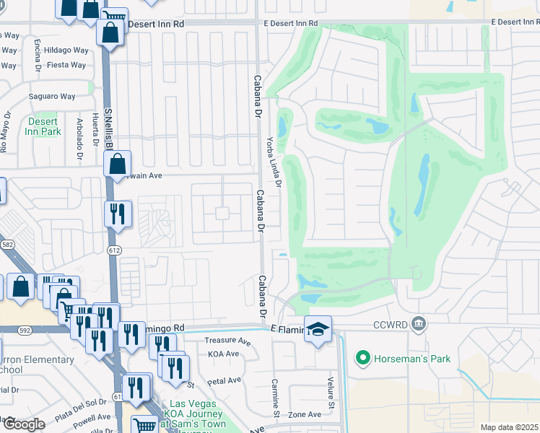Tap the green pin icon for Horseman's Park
[362, 357]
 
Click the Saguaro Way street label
[52, 97]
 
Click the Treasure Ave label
[226, 340]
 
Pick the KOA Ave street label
[223, 354]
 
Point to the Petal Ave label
[224, 380]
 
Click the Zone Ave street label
[305, 414]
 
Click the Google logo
[24, 424]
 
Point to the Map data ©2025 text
[509, 427]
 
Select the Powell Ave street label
[91, 416]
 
